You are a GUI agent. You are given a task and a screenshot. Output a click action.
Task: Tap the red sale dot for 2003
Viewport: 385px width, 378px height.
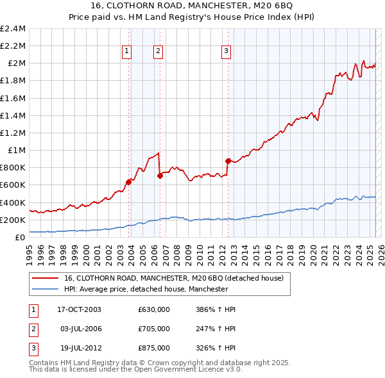[128, 182]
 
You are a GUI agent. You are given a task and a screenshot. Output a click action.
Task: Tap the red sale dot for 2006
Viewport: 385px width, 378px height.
[160, 176]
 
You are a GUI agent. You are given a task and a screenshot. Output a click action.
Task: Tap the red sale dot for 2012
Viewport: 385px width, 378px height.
[228, 161]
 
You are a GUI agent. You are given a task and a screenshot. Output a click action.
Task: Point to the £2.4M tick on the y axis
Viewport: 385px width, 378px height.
[13, 29]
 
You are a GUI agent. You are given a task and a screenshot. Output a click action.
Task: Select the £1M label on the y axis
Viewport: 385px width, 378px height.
[17, 150]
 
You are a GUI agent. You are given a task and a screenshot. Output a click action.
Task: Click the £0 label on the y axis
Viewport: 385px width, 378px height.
[19, 237]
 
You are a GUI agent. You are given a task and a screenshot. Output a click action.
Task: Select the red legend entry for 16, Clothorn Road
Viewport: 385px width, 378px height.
[178, 278]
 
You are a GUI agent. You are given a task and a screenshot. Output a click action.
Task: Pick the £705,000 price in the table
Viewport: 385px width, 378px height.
[154, 329]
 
